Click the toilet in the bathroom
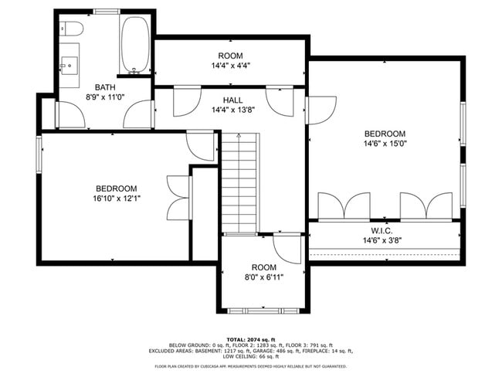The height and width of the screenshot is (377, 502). coord(73,30)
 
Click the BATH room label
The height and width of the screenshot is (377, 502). coord(105,87)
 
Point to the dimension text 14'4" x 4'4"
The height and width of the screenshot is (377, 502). coord(230,66)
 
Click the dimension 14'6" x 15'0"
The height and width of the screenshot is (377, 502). coord(385,143)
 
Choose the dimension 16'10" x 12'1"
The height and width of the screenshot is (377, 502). coord(117,199)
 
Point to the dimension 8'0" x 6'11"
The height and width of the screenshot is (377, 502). coord(263,277)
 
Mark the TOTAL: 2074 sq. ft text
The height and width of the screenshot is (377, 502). coord(251,339)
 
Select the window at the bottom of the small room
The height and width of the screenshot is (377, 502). coord(263,311)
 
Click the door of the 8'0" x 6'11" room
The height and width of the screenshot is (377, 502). coord(287,249)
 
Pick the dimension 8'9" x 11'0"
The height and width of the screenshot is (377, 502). coord(105,97)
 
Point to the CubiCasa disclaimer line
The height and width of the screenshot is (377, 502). coord(251,366)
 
